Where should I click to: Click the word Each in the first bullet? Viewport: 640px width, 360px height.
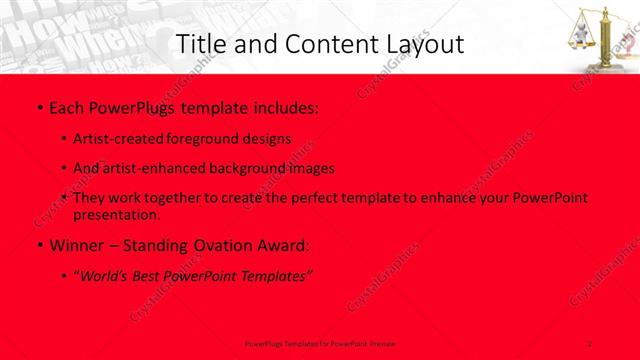67,106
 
